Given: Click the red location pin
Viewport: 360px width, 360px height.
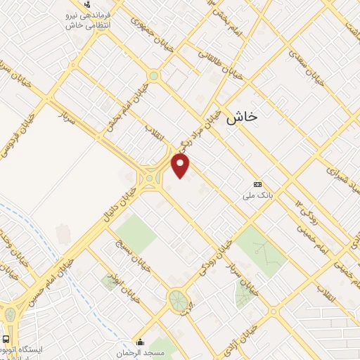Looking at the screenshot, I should click(x=181, y=166).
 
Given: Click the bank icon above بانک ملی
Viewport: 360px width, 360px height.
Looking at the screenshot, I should click(x=257, y=184).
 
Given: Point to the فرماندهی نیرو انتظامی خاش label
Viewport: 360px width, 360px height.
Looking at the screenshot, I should click(x=86, y=20).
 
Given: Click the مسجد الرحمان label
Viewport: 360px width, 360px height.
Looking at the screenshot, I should click(x=139, y=351).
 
